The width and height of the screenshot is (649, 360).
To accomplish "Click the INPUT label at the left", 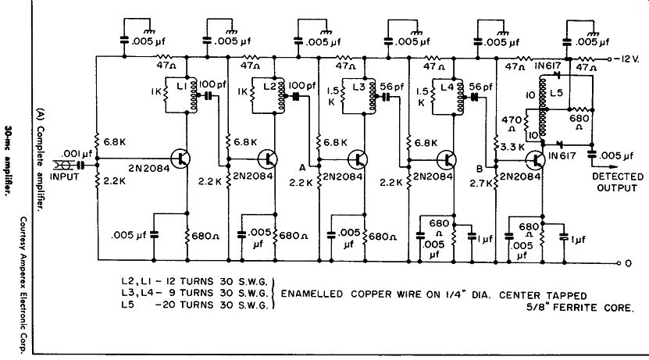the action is coord(64,176).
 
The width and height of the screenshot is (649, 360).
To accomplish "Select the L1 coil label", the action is coord(181,86).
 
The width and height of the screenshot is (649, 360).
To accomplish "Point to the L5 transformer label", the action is coord(557,93).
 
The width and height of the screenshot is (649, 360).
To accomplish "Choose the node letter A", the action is coord(302,168).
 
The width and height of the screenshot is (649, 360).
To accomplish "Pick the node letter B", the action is coord(480,169).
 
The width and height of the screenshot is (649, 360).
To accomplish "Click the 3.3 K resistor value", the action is coord(513,147).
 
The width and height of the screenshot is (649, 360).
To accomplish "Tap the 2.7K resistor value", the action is coord(481,183).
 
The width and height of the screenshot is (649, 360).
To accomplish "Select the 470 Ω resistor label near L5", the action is coord(512,123).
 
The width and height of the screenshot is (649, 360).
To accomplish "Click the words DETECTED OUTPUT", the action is coord(618,182).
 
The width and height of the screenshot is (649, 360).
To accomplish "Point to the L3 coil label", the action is coord(359,87).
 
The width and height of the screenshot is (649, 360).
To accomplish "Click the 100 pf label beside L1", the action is coord(212,84).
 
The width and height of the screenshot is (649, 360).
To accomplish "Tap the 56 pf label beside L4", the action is coord(481,87).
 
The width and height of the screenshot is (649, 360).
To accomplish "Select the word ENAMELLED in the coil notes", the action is coord(312,294).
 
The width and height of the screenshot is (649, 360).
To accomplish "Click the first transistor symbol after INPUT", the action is coord(181,158).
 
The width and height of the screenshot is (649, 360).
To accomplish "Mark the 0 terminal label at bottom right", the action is coord(628,263).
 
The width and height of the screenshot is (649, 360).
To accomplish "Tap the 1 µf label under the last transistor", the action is coord(579,239).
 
